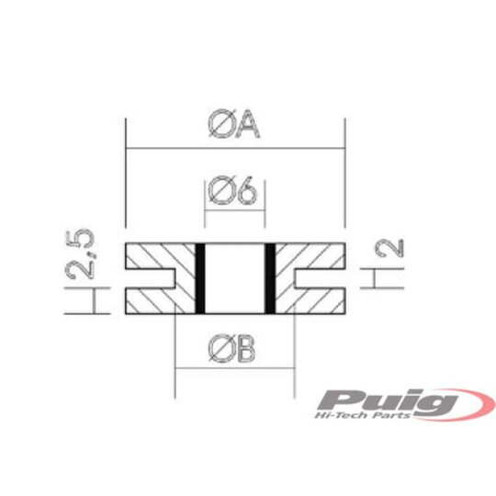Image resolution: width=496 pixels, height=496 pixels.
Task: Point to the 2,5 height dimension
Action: pyautogui.click(x=81, y=254)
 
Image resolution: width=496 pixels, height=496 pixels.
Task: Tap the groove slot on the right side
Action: pyautogui.click(x=318, y=278)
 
